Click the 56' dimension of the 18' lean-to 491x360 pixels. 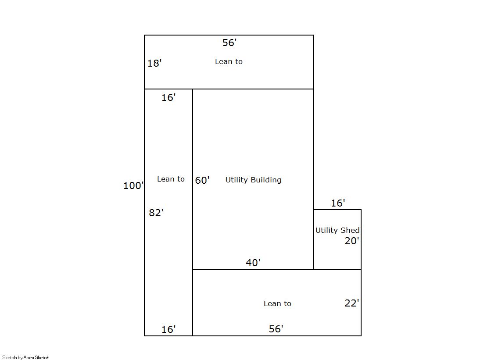(x=229, y=42)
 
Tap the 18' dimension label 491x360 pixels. (x=154, y=63)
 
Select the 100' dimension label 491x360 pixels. (x=133, y=185)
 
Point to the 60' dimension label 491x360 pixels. (x=202, y=180)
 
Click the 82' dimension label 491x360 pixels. (x=156, y=213)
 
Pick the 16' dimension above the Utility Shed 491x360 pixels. (x=338, y=203)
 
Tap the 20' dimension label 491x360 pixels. (x=351, y=241)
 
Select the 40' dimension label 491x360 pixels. (x=253, y=262)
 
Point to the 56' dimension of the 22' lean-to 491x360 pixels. (x=276, y=329)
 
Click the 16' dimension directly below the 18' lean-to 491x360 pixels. (x=168, y=97)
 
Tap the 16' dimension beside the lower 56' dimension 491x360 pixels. (x=168, y=329)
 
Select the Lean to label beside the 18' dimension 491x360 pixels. (x=229, y=61)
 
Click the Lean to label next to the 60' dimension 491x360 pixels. (x=171, y=179)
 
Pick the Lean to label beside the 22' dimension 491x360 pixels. (x=277, y=303)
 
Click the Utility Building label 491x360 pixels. (x=253, y=180)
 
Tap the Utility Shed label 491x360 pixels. (x=337, y=230)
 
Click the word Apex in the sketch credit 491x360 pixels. (x=29, y=357)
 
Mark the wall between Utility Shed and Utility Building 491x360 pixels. (x=313, y=239)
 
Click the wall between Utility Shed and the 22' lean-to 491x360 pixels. (x=337, y=270)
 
